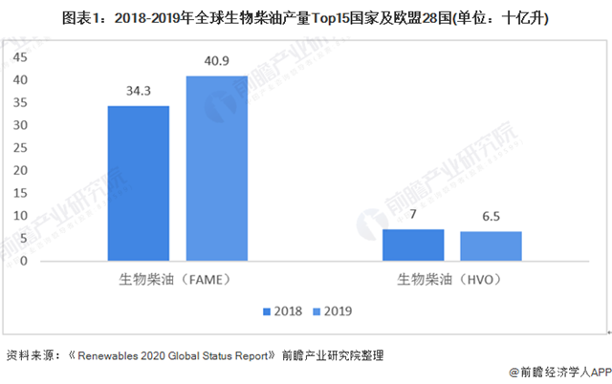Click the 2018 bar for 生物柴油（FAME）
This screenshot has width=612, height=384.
(x=139, y=182)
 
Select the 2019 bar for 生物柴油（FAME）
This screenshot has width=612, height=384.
(x=216, y=167)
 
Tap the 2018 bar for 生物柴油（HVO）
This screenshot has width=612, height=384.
(x=413, y=245)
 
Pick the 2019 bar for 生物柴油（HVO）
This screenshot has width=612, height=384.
(x=491, y=245)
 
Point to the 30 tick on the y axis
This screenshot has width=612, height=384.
(x=22, y=125)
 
